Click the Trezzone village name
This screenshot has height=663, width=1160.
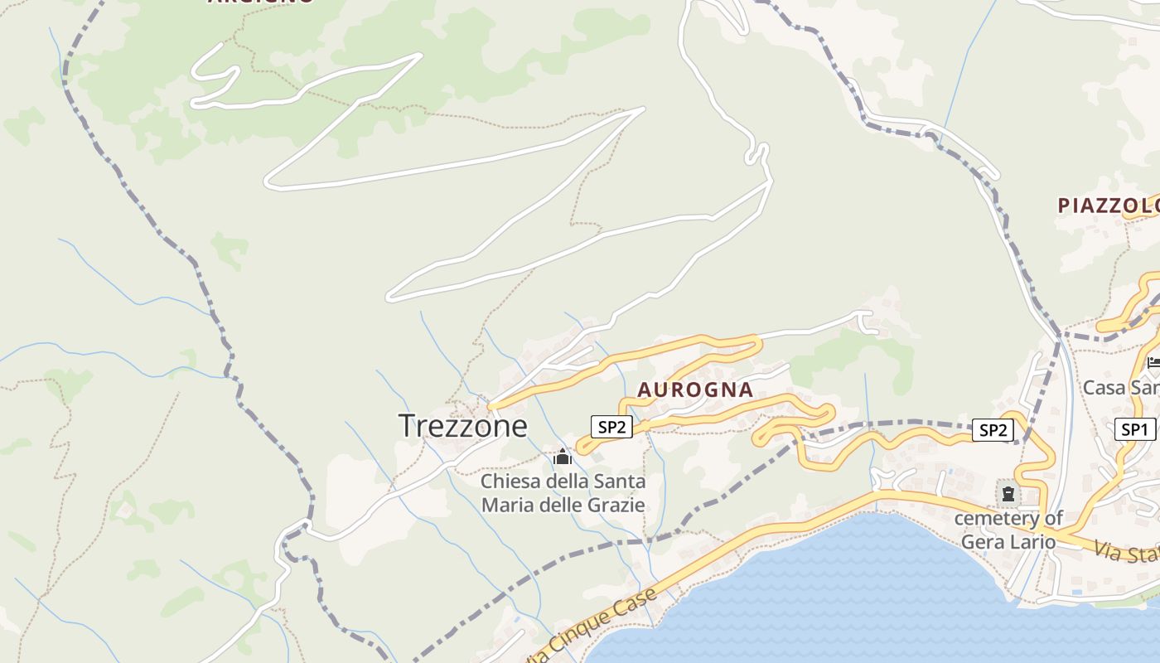(462, 425)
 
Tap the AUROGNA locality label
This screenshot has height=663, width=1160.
(695, 390)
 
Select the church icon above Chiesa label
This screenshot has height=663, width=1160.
(563, 457)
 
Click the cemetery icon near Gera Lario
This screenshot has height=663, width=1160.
(1008, 494)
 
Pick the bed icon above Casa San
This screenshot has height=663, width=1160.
(1153, 362)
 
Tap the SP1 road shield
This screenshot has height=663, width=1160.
(1134, 429)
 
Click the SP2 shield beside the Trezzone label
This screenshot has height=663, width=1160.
(611, 427)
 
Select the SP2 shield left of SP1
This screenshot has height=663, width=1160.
(993, 429)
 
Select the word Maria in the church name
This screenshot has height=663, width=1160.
(508, 505)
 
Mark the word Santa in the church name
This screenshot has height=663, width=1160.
(620, 482)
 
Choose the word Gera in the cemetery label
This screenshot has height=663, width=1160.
(981, 542)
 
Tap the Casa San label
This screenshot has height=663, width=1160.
(1121, 387)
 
